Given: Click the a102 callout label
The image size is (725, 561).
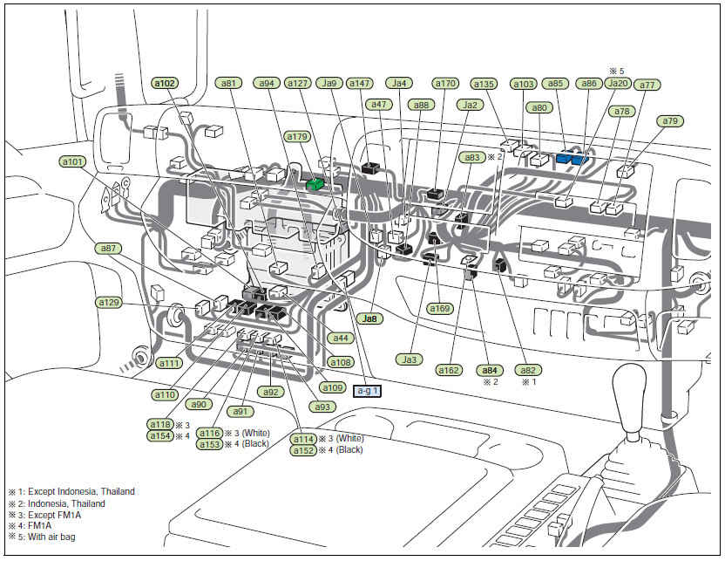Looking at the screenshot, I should coord(165,84).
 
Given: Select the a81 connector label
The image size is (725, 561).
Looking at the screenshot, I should coord(229,84).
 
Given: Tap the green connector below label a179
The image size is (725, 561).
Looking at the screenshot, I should coord(315,184).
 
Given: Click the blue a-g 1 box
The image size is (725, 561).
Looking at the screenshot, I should coord(368,392).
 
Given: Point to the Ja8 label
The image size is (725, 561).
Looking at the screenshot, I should coord(370,319).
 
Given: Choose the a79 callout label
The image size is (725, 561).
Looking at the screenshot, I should coord(670,121).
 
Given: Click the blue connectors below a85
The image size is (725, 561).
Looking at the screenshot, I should coord(573,158).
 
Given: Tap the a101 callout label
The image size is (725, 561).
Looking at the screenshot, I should coord(73,161).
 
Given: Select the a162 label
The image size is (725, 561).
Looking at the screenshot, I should coord(449,370).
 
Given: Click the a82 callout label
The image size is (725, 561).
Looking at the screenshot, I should coord(527,369).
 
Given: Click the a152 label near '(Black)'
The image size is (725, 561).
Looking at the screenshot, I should coord(302,450).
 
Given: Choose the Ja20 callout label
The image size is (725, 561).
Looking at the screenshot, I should coord(617,84).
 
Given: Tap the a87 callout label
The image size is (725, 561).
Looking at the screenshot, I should coord(109,249).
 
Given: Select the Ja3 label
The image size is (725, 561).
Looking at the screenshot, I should coord(410,359).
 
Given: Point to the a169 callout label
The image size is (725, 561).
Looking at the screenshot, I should coord(440,308).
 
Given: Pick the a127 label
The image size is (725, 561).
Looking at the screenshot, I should coord(297,84).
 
